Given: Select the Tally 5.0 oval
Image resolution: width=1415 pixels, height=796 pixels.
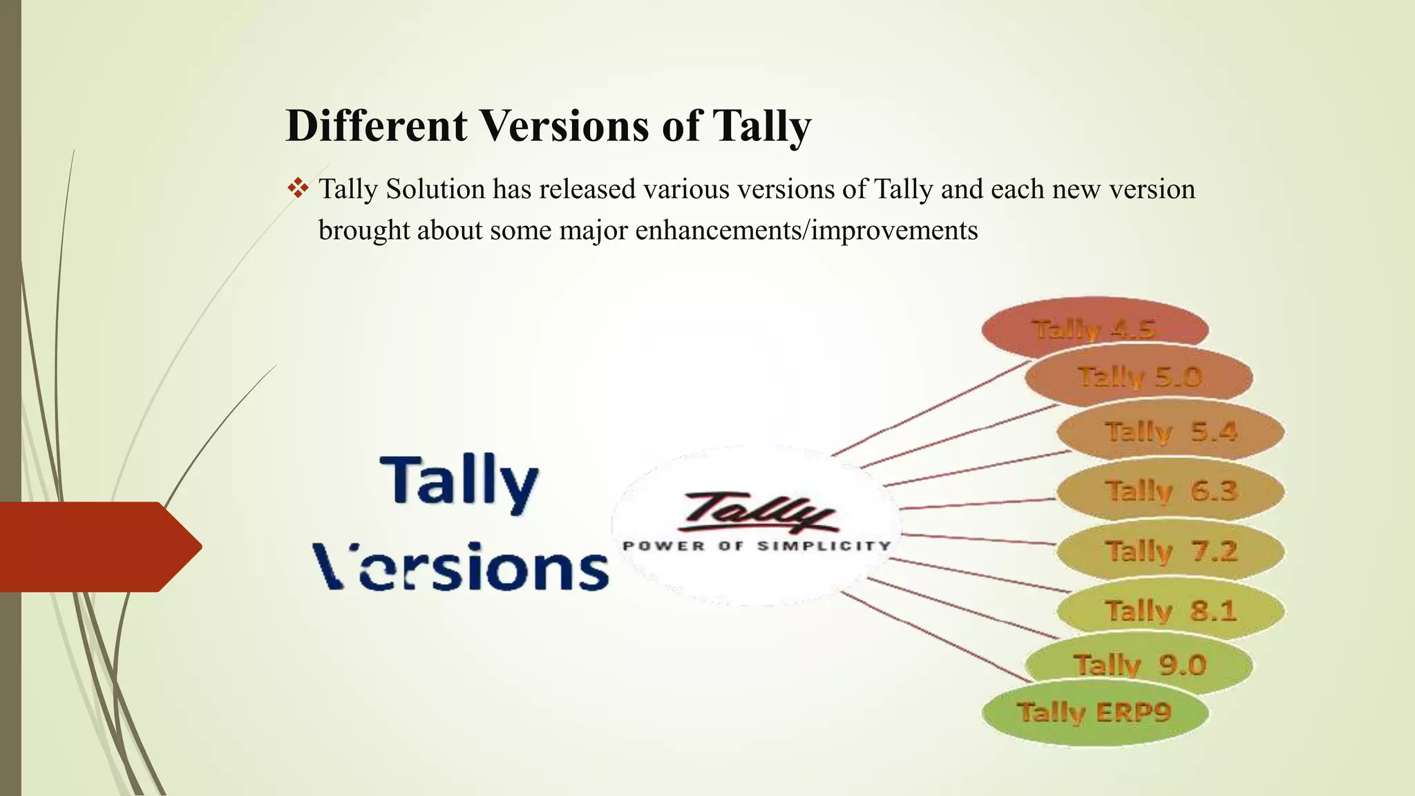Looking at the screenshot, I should pyautogui.click(x=1139, y=377).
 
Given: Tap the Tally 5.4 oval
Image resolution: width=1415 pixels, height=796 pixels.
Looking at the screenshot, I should pyautogui.click(x=1170, y=432).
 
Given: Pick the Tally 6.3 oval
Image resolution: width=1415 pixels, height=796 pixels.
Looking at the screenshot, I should pyautogui.click(x=1170, y=491).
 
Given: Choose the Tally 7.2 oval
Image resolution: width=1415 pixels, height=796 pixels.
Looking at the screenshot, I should pyautogui.click(x=1170, y=551).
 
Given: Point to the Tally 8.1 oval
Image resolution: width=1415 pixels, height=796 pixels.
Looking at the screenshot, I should pyautogui.click(x=1170, y=611).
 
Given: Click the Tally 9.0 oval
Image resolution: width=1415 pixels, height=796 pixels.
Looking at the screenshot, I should pyautogui.click(x=1139, y=665).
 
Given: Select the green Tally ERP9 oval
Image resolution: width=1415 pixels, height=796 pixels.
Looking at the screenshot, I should pyautogui.click(x=1094, y=712).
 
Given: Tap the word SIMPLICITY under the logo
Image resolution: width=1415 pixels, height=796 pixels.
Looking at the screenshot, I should pyautogui.click(x=824, y=546).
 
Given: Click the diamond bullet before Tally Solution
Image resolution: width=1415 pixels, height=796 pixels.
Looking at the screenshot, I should pyautogui.click(x=298, y=188).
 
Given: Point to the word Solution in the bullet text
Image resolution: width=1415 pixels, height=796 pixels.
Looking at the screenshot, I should pyautogui.click(x=435, y=189).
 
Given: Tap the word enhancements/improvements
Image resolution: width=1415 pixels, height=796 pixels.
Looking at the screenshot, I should pyautogui.click(x=806, y=230).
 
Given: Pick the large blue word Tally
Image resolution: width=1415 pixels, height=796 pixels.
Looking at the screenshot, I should pyautogui.click(x=459, y=481).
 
